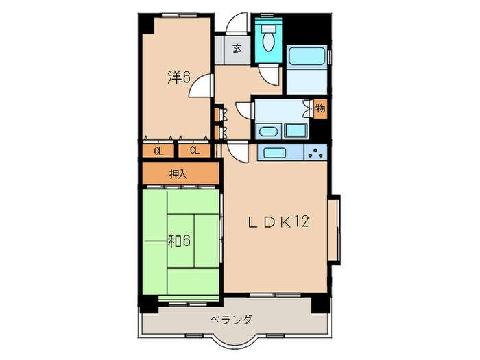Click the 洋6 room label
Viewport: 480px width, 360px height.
tap(179, 77)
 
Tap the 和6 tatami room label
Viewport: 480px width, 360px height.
tap(179, 241)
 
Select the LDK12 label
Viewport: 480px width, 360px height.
tap(278, 221)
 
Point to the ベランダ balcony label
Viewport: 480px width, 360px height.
tap(231, 320)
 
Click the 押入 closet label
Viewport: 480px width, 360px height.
tap(178, 174)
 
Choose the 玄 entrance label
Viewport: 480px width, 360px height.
tap(237, 48)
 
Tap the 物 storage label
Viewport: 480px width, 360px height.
tap(320, 108)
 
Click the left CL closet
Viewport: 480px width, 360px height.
tap(158, 151)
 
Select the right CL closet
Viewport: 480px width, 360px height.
tap(194, 151)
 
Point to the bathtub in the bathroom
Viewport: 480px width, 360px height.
tap(307, 56)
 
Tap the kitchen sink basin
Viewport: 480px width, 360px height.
tap(274, 152)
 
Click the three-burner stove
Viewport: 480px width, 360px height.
tap(315, 152)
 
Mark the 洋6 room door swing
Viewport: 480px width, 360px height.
tap(201, 86)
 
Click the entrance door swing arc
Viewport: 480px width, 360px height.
tap(237, 23)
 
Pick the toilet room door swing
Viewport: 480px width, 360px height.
tap(269, 75)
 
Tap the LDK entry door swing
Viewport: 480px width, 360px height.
tap(237, 152)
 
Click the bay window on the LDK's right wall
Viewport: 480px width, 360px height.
tap(334, 230)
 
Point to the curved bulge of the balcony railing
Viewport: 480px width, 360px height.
tap(231, 344)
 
